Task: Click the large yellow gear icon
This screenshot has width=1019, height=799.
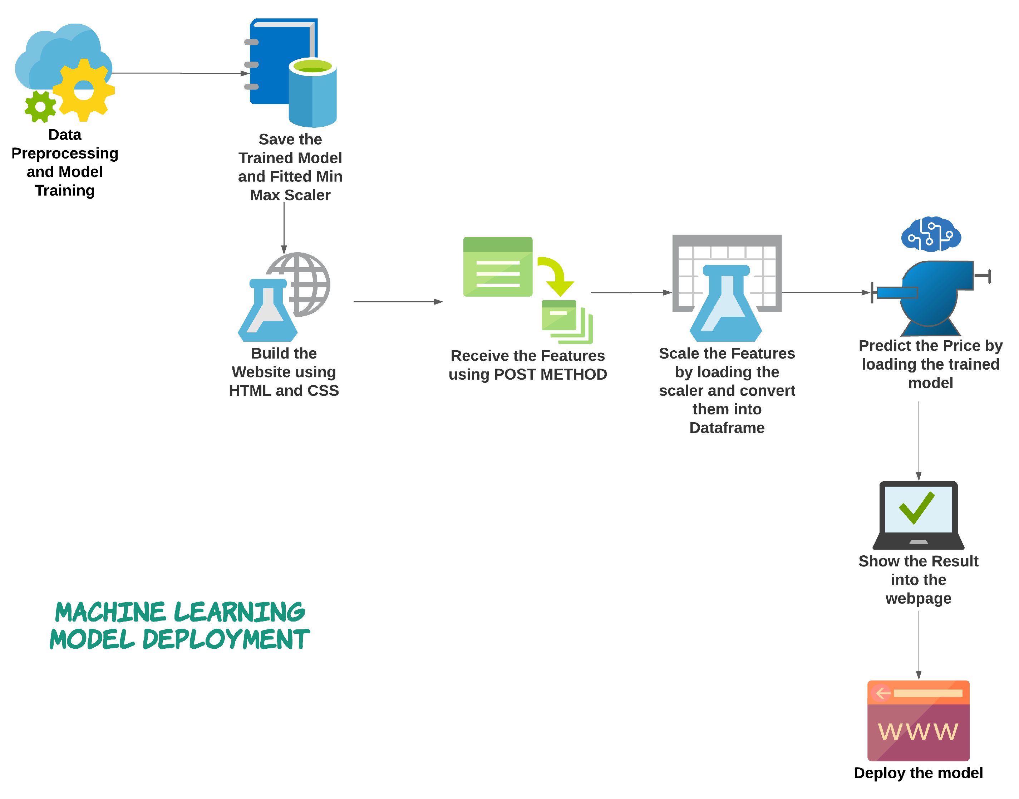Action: point(84,90)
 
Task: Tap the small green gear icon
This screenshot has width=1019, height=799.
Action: point(40,107)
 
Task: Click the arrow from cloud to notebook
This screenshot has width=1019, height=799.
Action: point(180,73)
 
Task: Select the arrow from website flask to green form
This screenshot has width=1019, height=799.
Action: point(397,302)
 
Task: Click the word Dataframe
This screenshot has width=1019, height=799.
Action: point(727,428)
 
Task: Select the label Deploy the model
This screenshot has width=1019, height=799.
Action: point(918,773)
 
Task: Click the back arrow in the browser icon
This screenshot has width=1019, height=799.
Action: point(882,693)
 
